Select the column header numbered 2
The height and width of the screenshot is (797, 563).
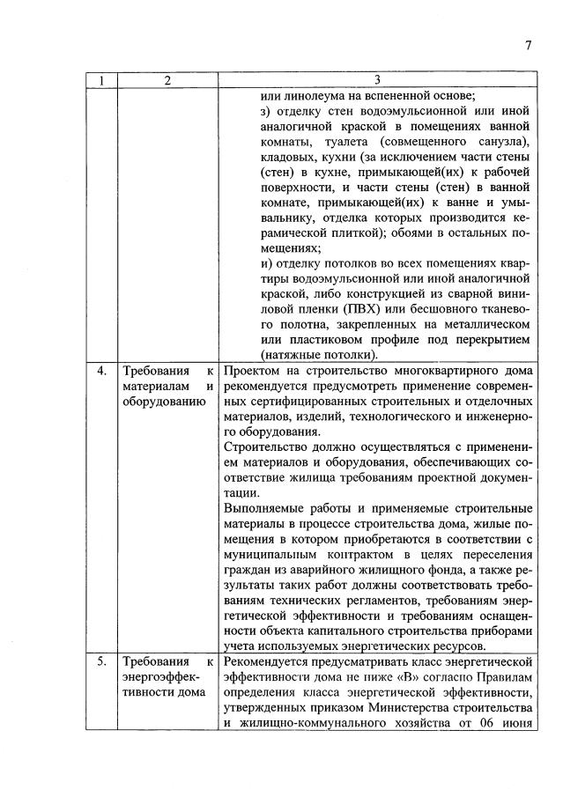[x=167, y=81]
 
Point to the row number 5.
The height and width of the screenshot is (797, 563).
[x=103, y=660]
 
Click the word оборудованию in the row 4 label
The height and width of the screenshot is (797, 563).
[x=164, y=402]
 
